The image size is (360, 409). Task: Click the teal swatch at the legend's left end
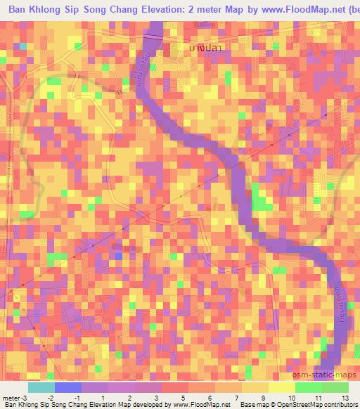(41, 387)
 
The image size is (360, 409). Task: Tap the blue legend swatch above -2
(67, 387)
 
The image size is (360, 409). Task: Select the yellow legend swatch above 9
(284, 387)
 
